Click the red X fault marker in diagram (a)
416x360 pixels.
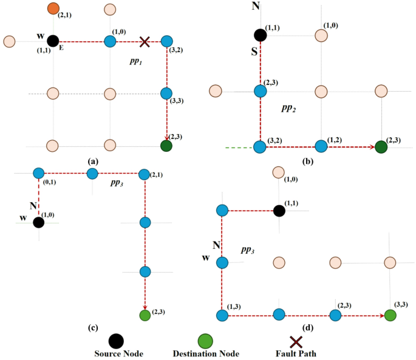coord(145,41)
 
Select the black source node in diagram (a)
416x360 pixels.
coord(53,41)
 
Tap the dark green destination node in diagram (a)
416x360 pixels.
coord(166,146)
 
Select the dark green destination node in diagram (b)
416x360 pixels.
coord(381,146)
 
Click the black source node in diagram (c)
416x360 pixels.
coord(39,222)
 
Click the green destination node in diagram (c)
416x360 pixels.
coord(145,315)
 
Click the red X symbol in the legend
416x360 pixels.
coord(296,342)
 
